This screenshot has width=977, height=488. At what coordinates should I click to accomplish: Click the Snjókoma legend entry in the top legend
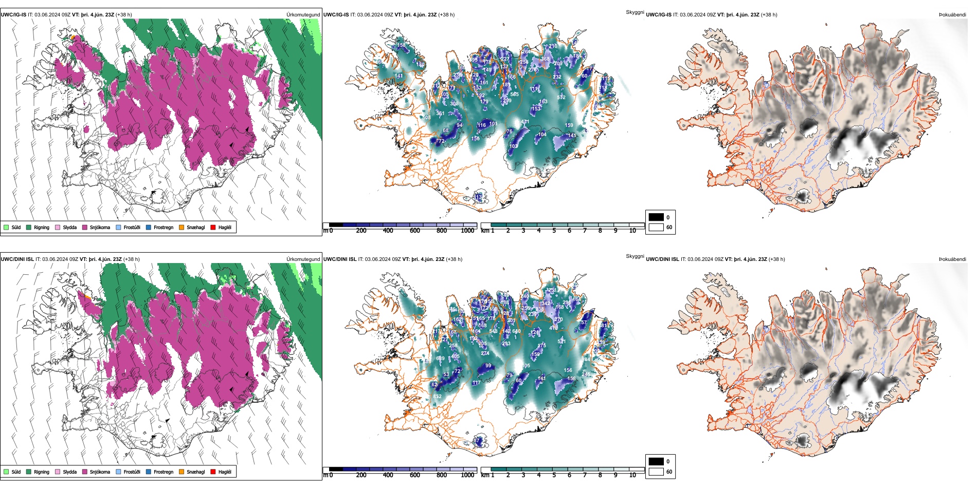[99, 227]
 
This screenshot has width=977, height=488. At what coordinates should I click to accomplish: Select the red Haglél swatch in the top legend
[213, 227]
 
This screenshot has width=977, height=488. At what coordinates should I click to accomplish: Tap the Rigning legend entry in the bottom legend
[41, 472]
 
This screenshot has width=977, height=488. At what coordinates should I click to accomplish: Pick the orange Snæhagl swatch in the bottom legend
[182, 472]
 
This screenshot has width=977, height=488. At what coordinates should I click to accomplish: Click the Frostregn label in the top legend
[163, 227]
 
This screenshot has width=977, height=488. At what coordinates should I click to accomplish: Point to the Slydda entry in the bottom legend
[69, 472]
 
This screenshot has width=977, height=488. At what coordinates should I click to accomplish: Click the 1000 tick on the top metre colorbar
[467, 231]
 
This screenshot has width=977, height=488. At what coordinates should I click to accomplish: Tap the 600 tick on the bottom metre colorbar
[415, 475]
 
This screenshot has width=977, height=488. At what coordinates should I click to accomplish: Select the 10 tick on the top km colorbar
[632, 231]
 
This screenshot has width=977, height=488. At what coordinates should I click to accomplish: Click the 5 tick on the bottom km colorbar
[554, 475]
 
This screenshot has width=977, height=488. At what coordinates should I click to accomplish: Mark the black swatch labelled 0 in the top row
[656, 217]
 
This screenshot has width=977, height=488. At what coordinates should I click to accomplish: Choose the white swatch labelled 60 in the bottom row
[656, 472]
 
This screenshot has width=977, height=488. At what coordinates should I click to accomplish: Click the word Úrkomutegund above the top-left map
[303, 15]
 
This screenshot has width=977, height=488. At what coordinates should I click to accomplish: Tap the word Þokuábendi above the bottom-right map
[952, 259]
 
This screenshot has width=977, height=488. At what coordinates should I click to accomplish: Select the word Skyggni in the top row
[635, 12]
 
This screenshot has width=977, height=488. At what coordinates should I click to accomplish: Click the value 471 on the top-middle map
[525, 122]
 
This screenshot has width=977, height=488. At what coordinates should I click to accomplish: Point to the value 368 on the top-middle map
[545, 59]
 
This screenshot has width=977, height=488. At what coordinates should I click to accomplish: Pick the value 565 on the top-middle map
[514, 95]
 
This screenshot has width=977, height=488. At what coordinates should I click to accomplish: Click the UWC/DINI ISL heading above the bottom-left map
[17, 259]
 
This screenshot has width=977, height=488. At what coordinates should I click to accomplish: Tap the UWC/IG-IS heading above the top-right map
[658, 15]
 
